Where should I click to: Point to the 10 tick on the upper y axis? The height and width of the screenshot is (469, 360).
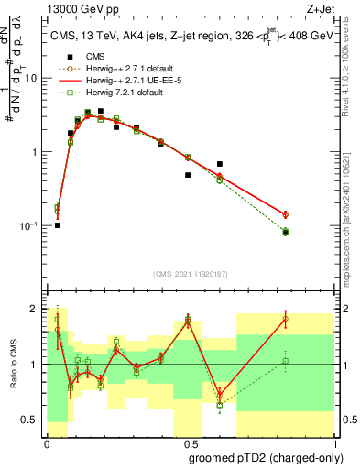click(34, 78)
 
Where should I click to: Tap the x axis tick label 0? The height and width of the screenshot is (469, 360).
click(47, 443)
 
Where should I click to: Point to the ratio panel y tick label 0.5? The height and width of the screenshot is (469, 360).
click(32, 420)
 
